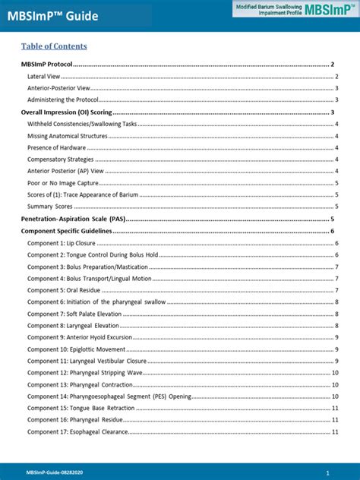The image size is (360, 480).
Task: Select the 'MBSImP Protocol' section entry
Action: [47, 65]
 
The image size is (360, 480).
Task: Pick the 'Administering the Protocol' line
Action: [64, 100]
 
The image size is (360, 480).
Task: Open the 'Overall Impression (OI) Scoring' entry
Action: [69, 112]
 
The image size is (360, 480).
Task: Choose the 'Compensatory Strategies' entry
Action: [61, 159]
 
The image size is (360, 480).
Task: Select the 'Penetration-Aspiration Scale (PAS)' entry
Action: [74, 219]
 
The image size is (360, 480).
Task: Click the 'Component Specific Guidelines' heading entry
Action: [67, 231]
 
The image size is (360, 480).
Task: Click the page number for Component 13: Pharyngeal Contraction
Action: [335, 385]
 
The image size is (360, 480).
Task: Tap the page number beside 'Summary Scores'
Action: [336, 207]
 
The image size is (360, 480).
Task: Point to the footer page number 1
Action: [327, 472]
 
